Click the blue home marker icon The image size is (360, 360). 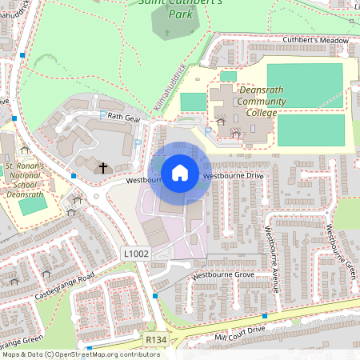tap(180, 173)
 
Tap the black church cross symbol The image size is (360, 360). tap(103, 166)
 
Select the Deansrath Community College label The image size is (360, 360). tap(258, 102)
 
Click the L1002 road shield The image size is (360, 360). tap(134, 253)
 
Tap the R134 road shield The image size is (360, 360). tap(155, 341)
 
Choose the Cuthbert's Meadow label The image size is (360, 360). tap(316, 40)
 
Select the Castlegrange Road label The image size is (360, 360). tap(64, 286)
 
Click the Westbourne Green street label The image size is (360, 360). tap(340, 249)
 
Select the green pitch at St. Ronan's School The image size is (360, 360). tap(33, 205)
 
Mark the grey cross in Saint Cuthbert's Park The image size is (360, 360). tap(167, 34)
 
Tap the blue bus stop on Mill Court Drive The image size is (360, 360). tap(264, 316)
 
